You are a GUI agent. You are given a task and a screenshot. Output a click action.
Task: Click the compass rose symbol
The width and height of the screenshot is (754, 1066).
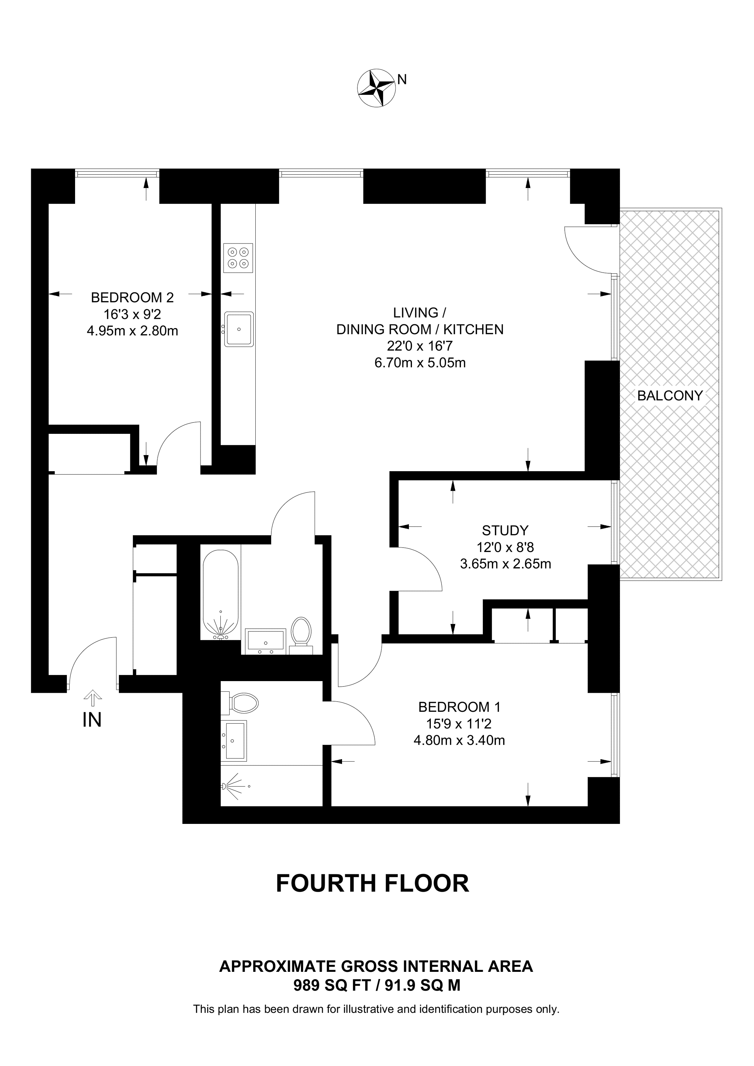(376, 88)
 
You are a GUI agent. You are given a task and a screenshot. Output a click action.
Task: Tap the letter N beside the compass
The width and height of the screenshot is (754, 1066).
(402, 80)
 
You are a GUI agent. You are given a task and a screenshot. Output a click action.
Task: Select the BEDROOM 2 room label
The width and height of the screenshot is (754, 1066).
(132, 297)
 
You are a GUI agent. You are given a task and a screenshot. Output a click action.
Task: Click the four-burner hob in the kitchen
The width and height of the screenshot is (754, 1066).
(238, 258)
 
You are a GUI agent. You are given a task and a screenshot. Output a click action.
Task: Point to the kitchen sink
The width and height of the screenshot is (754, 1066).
(239, 329)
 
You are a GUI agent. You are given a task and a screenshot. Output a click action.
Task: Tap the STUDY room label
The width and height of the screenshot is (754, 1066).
(505, 530)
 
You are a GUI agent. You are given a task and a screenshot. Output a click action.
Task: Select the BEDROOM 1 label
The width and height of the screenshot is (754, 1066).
(460, 707)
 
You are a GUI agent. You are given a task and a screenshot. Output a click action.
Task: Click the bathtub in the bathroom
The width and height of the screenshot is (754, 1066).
(221, 595)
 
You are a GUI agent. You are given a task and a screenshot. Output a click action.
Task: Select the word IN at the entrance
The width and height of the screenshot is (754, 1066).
(92, 720)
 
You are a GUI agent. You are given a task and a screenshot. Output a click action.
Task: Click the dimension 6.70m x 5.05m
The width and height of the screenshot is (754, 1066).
(420, 363)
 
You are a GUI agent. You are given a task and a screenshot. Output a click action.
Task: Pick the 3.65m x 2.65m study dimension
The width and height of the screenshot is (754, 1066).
(506, 564)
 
